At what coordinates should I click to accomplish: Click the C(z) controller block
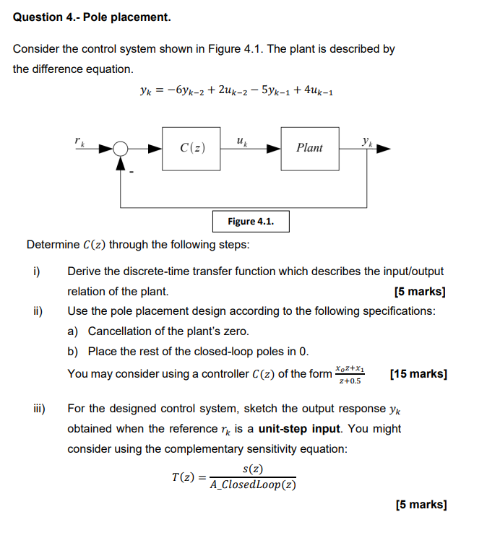point(192,149)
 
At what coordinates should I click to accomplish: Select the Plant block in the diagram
point(309,149)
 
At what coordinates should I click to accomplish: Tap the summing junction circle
point(121,149)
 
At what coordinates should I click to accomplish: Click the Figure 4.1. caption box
point(251,221)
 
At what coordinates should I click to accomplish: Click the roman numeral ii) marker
point(37,311)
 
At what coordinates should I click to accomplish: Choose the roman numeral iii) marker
point(38,409)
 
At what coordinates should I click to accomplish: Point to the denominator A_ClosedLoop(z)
point(253,485)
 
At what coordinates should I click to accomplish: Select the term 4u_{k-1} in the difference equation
point(314,91)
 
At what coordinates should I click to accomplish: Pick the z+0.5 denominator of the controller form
point(350,381)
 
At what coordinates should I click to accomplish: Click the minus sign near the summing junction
point(132,172)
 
